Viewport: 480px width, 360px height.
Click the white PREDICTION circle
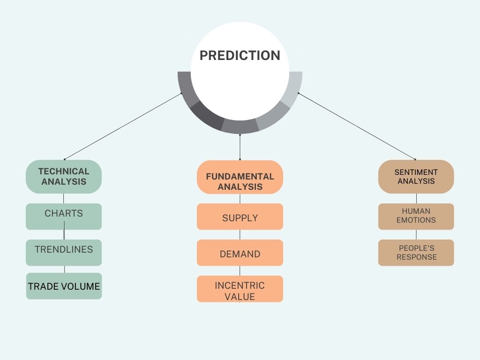[x=240, y=70]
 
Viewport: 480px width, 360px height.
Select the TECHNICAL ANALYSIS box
[x=64, y=177]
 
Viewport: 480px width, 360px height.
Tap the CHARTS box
[x=64, y=216]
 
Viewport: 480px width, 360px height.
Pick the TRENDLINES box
[x=64, y=252]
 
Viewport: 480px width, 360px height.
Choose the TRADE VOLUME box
[x=64, y=286]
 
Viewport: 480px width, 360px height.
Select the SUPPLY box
[x=240, y=217]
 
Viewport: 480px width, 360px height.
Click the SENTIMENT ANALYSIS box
[x=416, y=177]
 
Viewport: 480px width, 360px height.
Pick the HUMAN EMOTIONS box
[x=416, y=216]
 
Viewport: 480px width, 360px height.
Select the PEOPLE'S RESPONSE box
[x=416, y=253]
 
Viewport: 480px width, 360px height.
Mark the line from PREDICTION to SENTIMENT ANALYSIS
[x=357, y=126]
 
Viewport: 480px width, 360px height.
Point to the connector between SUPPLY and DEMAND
[x=240, y=234]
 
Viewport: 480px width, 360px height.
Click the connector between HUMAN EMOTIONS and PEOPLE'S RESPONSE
[x=416, y=234]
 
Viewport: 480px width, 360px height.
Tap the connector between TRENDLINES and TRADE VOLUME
[x=64, y=269]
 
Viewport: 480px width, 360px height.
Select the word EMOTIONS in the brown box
[x=416, y=220]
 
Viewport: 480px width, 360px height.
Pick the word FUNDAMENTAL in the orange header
[x=240, y=177]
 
